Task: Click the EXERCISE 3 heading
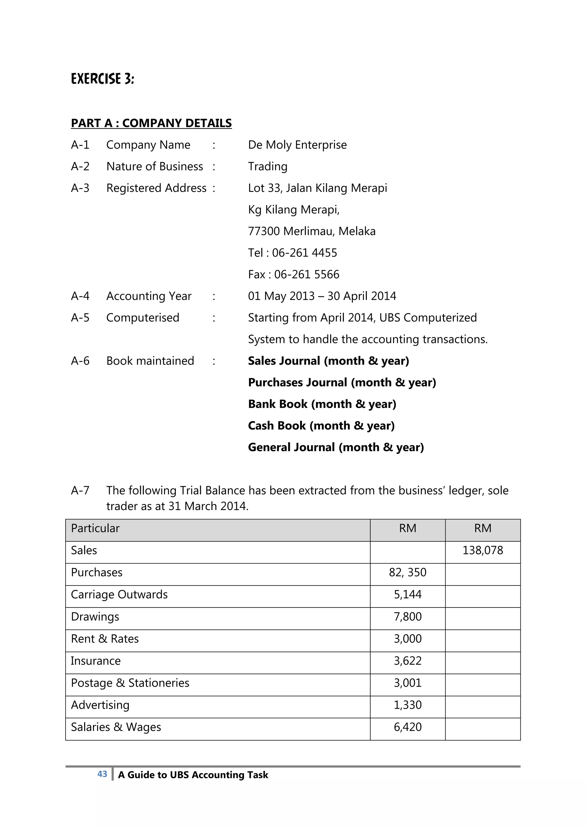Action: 102,79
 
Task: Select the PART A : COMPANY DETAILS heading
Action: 151,123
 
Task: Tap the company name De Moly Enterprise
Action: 297,145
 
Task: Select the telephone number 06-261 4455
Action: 304,253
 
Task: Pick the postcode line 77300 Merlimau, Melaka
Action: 311,231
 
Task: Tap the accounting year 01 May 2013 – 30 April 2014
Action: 322,296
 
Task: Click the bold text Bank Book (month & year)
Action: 322,404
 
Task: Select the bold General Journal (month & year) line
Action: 336,447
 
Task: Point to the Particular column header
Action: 95,528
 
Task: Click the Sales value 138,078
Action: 482,550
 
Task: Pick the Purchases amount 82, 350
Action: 407,572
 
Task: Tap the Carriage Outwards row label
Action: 119,594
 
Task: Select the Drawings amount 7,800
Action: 407,617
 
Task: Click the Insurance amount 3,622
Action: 407,661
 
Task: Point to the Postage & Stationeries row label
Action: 130,683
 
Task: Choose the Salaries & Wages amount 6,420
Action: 407,727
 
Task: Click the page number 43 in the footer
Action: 102,774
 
